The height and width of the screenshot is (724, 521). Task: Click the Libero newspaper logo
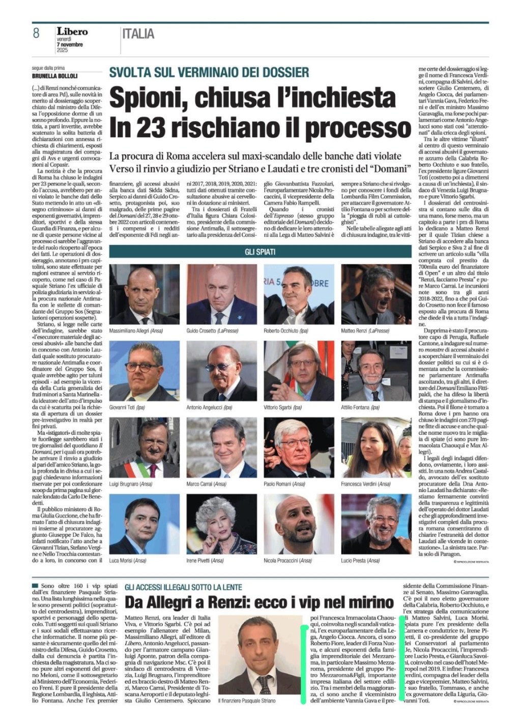(72, 32)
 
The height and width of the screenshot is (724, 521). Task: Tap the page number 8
(36, 34)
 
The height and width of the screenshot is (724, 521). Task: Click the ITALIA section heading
(138, 34)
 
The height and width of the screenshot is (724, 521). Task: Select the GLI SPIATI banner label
(260, 252)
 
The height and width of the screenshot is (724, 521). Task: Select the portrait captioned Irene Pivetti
(214, 524)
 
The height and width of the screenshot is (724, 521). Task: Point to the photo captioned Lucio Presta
(368, 524)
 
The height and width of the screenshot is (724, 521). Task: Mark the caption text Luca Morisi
(120, 561)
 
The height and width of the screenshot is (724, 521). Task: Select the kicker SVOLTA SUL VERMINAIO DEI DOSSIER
(209, 72)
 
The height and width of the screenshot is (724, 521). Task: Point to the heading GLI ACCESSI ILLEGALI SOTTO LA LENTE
(183, 588)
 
